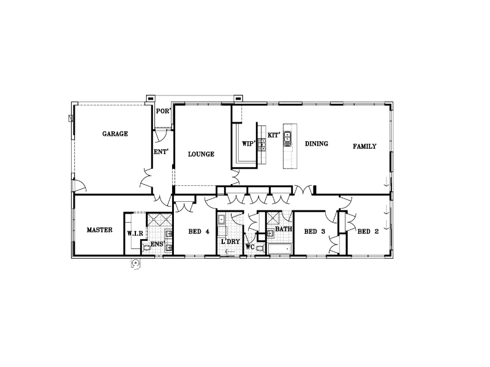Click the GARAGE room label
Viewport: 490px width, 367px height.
point(115,134)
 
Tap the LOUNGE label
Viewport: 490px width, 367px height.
point(201,154)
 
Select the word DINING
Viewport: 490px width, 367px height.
point(317,144)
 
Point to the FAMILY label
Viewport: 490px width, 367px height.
point(364,146)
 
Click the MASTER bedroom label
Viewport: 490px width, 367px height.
point(99,230)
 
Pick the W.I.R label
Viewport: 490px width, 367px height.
point(135,234)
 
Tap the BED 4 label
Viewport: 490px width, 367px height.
point(198,232)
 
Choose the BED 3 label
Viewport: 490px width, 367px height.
point(315,232)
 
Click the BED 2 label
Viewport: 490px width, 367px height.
point(368,232)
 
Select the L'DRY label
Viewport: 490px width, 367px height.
point(230,242)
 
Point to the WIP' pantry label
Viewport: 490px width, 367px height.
point(249,144)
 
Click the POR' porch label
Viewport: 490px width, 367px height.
point(164,111)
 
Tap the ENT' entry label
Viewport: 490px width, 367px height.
point(161,152)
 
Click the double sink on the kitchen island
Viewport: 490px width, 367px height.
point(287,139)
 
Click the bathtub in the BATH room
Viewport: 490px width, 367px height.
point(280,249)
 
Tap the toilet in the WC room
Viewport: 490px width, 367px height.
point(259,248)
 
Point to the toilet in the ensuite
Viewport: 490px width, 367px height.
point(146,248)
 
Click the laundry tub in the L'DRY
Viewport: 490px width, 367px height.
point(222,220)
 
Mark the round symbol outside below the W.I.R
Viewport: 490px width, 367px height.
point(135,264)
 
